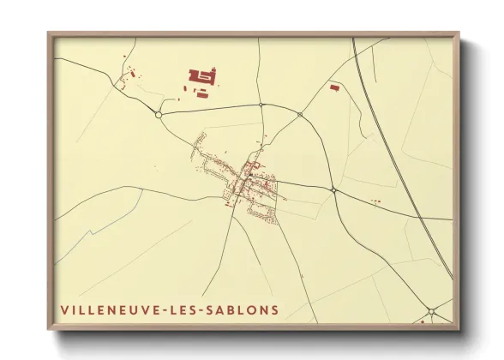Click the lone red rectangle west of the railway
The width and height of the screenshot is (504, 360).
pos(334,86)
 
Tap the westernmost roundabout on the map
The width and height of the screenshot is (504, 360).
pos(159,113)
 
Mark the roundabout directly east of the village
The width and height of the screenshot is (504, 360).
pos(333,189)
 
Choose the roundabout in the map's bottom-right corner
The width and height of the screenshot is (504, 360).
pos(432,310)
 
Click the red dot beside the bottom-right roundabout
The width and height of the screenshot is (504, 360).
pos(422,322)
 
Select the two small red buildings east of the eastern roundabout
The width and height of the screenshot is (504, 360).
pos(375,201)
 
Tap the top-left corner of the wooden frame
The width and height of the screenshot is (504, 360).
pos(49,33)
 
